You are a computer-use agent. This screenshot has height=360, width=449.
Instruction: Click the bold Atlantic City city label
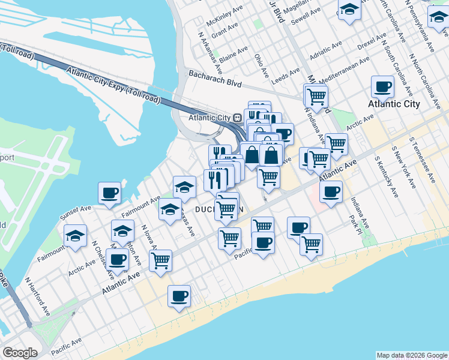tap(393, 104)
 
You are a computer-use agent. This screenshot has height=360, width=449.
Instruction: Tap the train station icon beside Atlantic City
tap(238, 118)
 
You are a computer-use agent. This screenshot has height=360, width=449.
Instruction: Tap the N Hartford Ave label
tap(37, 296)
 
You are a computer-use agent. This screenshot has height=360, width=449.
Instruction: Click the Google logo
tap(20, 353)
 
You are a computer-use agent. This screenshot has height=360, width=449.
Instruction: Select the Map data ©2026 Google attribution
tap(412, 355)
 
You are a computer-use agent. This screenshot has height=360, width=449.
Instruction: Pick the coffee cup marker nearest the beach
tap(179, 296)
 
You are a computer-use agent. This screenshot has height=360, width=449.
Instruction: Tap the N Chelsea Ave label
tap(103, 260)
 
